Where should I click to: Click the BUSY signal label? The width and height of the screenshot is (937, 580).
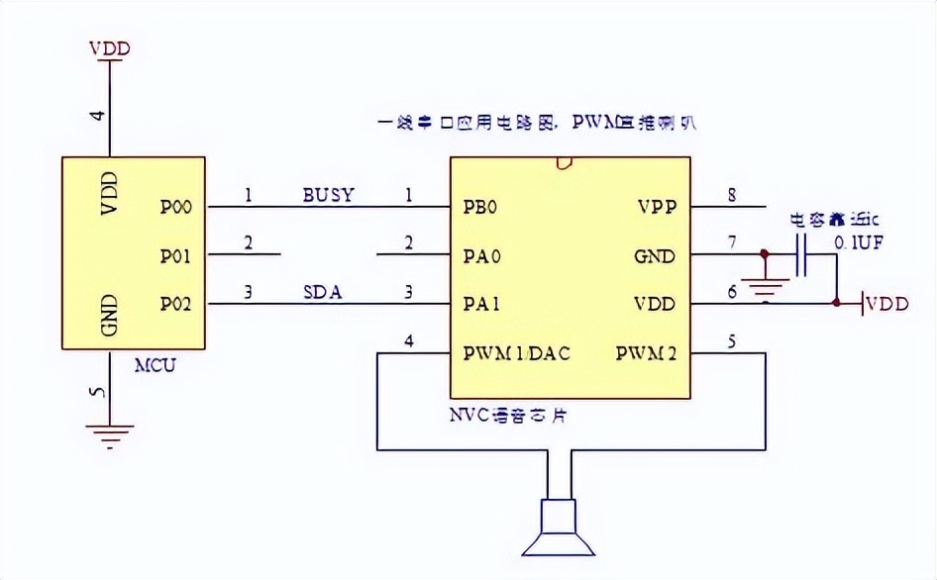pyautogui.click(x=328, y=195)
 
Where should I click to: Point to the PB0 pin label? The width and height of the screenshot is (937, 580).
pyautogui.click(x=479, y=208)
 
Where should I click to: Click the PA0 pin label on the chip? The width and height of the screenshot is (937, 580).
pyautogui.click(x=481, y=256)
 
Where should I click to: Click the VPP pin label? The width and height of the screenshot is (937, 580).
pyautogui.click(x=657, y=208)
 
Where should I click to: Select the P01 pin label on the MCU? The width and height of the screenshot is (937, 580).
pyautogui.click(x=175, y=256)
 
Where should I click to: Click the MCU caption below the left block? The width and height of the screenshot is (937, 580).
pyautogui.click(x=155, y=365)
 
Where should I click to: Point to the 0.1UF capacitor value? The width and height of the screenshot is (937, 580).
pyautogui.click(x=858, y=241)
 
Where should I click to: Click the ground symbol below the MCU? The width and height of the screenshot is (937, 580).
pyautogui.click(x=110, y=432)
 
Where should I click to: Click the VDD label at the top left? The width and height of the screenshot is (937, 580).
pyautogui.click(x=109, y=48)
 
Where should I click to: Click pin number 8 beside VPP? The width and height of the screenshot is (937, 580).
pyautogui.click(x=732, y=195)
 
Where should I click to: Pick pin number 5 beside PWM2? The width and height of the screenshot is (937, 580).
pyautogui.click(x=732, y=341)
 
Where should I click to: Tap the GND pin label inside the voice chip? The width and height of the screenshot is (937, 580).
pyautogui.click(x=655, y=256)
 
